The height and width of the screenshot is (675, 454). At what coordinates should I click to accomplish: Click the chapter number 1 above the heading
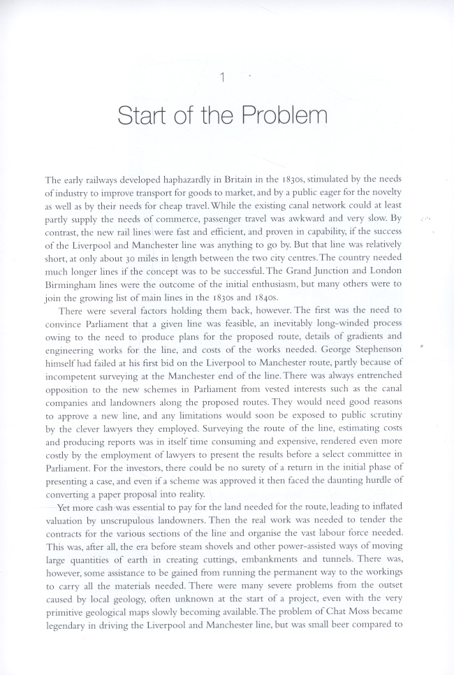coord(221,78)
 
